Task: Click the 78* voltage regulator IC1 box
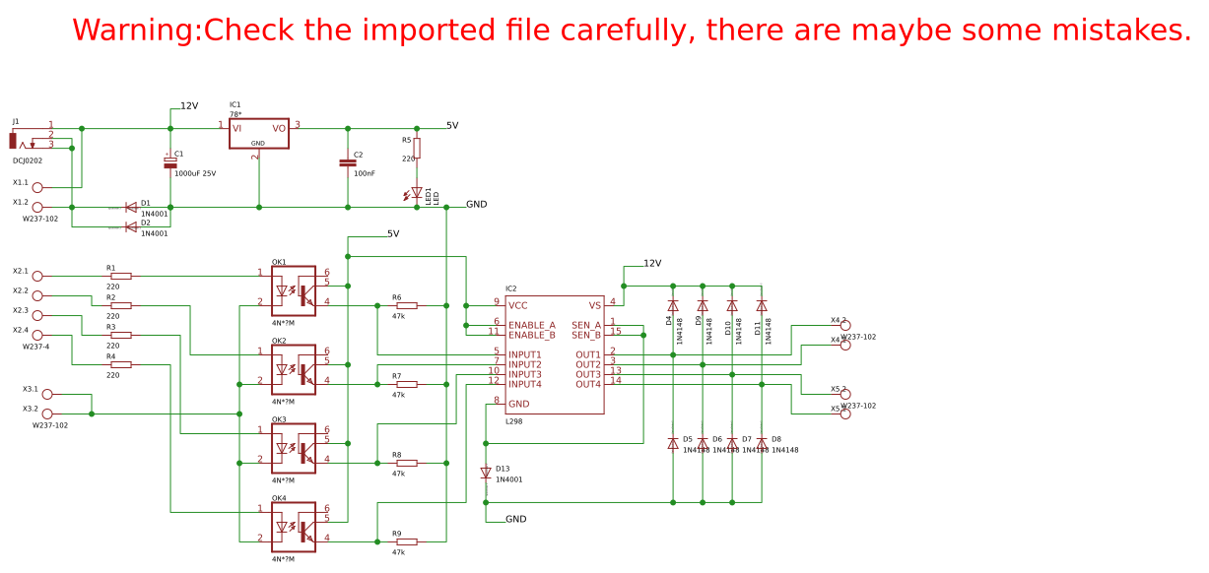pos(259,133)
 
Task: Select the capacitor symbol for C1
pos(170,162)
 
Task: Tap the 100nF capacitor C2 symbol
pos(348,162)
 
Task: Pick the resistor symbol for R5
pos(417,149)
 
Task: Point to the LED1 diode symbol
pos(417,193)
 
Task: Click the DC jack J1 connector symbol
pos(14,140)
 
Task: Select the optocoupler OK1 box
pos(294,290)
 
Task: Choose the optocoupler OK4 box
pos(294,527)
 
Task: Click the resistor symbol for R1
pos(120,276)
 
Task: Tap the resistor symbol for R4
pos(120,364)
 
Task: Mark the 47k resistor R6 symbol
pos(406,305)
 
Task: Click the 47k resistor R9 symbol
pos(406,541)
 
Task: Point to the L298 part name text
pos(514,421)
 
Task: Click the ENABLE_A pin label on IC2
pos(532,325)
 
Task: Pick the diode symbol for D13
pos(486,474)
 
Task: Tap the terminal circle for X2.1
pos(37,276)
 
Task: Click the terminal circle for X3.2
pos(47,414)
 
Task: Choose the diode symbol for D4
pos(673,306)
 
